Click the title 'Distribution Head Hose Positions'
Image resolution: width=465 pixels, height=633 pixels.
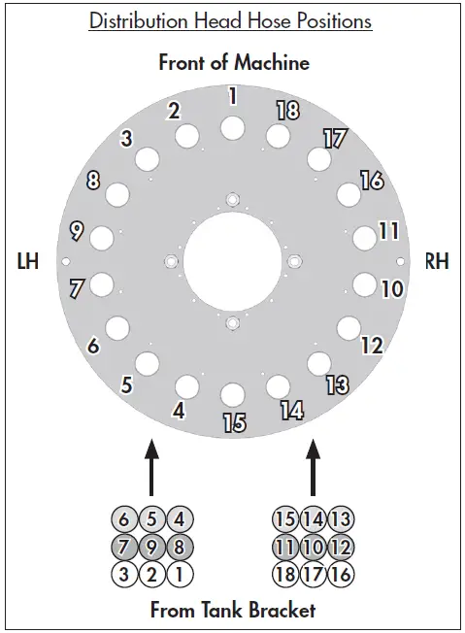[231, 20]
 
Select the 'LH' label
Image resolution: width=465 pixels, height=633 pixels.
[28, 262]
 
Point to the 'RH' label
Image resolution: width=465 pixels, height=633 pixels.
[437, 262]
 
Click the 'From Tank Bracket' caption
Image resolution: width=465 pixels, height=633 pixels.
[232, 611]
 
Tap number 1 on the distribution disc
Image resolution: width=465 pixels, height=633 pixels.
[232, 96]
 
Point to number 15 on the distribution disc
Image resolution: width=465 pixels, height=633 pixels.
[234, 423]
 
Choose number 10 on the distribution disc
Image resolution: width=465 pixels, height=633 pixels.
[391, 288]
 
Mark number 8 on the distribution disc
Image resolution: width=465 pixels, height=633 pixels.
[93, 181]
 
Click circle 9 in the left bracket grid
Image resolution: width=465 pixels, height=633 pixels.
[152, 546]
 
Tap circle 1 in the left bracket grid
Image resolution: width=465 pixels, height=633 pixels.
[179, 573]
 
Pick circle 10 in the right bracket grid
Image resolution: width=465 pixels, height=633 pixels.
[312, 546]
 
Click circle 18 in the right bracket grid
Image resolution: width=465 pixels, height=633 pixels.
[285, 573]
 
